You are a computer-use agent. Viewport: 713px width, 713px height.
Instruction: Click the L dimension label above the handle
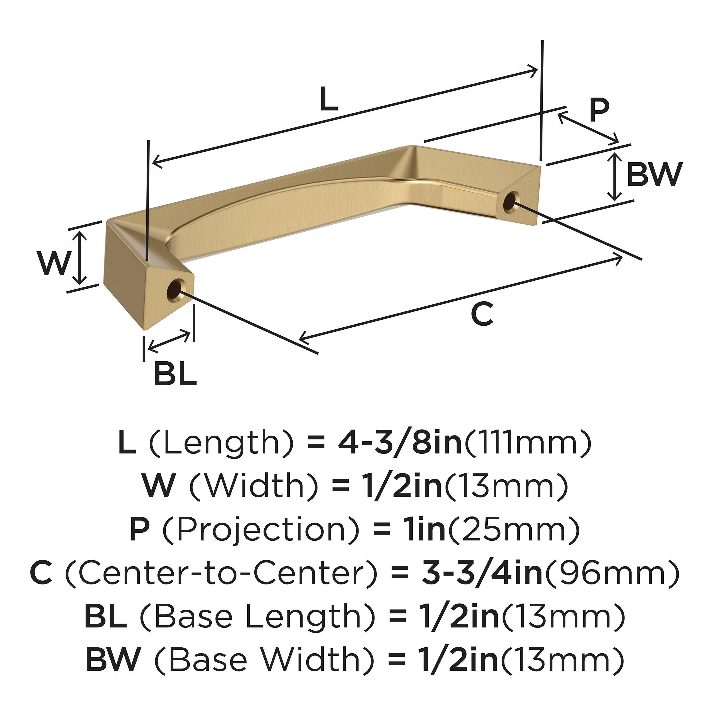point(329,99)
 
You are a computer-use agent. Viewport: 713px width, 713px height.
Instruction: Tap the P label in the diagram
point(598,111)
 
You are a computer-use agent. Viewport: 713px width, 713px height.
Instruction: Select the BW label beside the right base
point(653,175)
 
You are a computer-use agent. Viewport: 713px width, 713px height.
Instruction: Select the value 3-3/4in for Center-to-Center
point(482,573)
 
